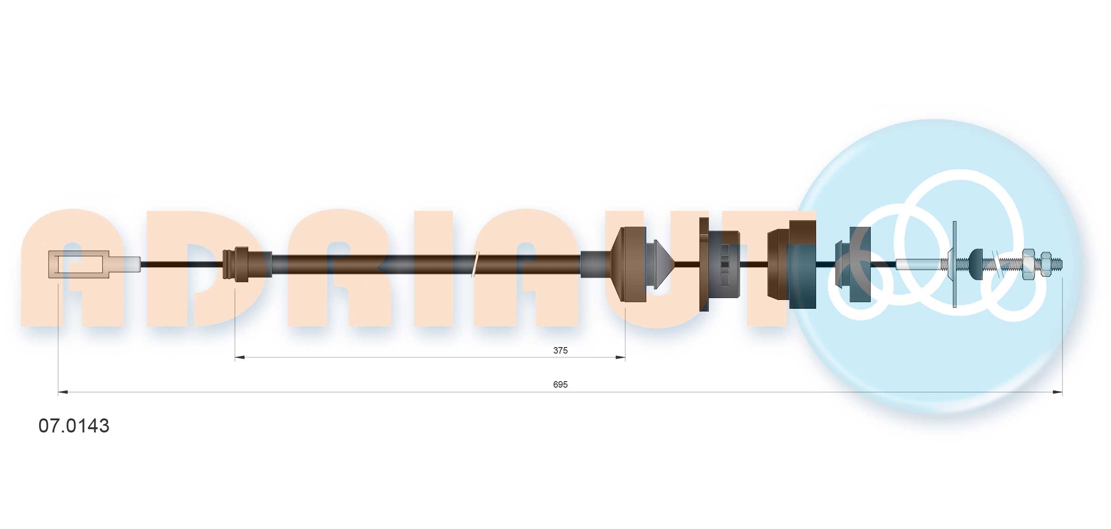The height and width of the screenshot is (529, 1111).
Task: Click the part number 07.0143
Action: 74,425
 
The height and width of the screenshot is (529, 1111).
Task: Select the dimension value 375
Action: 560,350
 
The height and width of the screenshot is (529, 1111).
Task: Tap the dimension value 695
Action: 560,384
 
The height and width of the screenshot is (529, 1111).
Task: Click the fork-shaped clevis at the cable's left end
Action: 79,264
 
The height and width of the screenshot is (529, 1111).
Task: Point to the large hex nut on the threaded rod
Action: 1028,264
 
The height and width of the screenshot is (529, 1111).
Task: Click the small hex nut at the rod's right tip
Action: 1046,264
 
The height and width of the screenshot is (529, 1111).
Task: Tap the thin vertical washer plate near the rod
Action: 954,264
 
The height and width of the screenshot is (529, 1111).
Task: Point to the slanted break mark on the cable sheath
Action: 475,264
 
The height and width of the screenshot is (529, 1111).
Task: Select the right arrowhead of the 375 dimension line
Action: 620,357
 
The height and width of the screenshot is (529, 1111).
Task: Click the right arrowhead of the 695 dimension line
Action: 1057,392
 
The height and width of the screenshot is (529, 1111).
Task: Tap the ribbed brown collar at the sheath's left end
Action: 236,264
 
